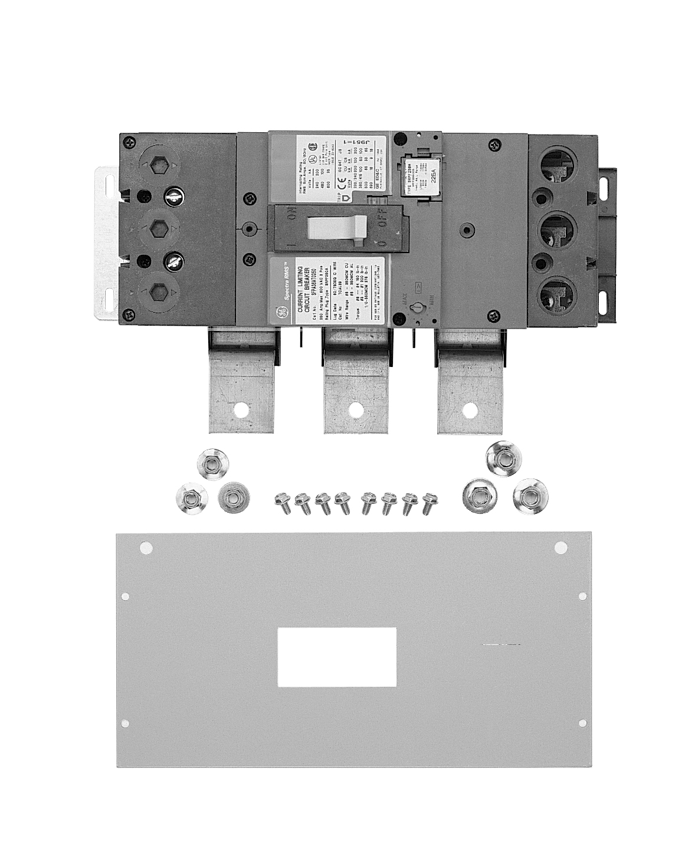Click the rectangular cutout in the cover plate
pos(336,657)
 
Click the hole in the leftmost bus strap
pos(241,409)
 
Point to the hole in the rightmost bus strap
pos(468,409)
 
